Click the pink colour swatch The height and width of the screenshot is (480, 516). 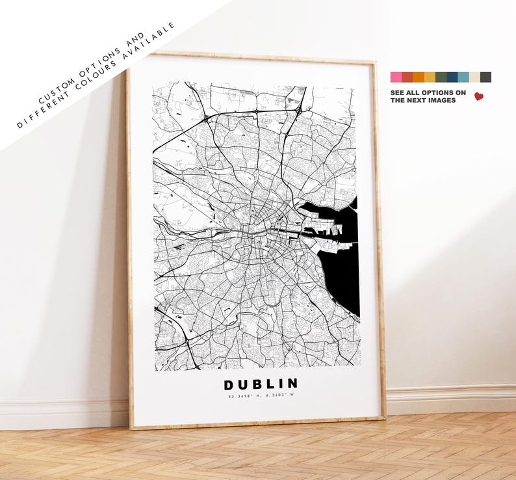coord(396,77)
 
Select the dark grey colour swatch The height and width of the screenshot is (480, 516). coord(485,77)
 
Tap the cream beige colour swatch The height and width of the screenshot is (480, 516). coord(474,77)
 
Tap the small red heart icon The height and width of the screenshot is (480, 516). coord(479,96)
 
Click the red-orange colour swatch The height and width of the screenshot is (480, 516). coord(407,77)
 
